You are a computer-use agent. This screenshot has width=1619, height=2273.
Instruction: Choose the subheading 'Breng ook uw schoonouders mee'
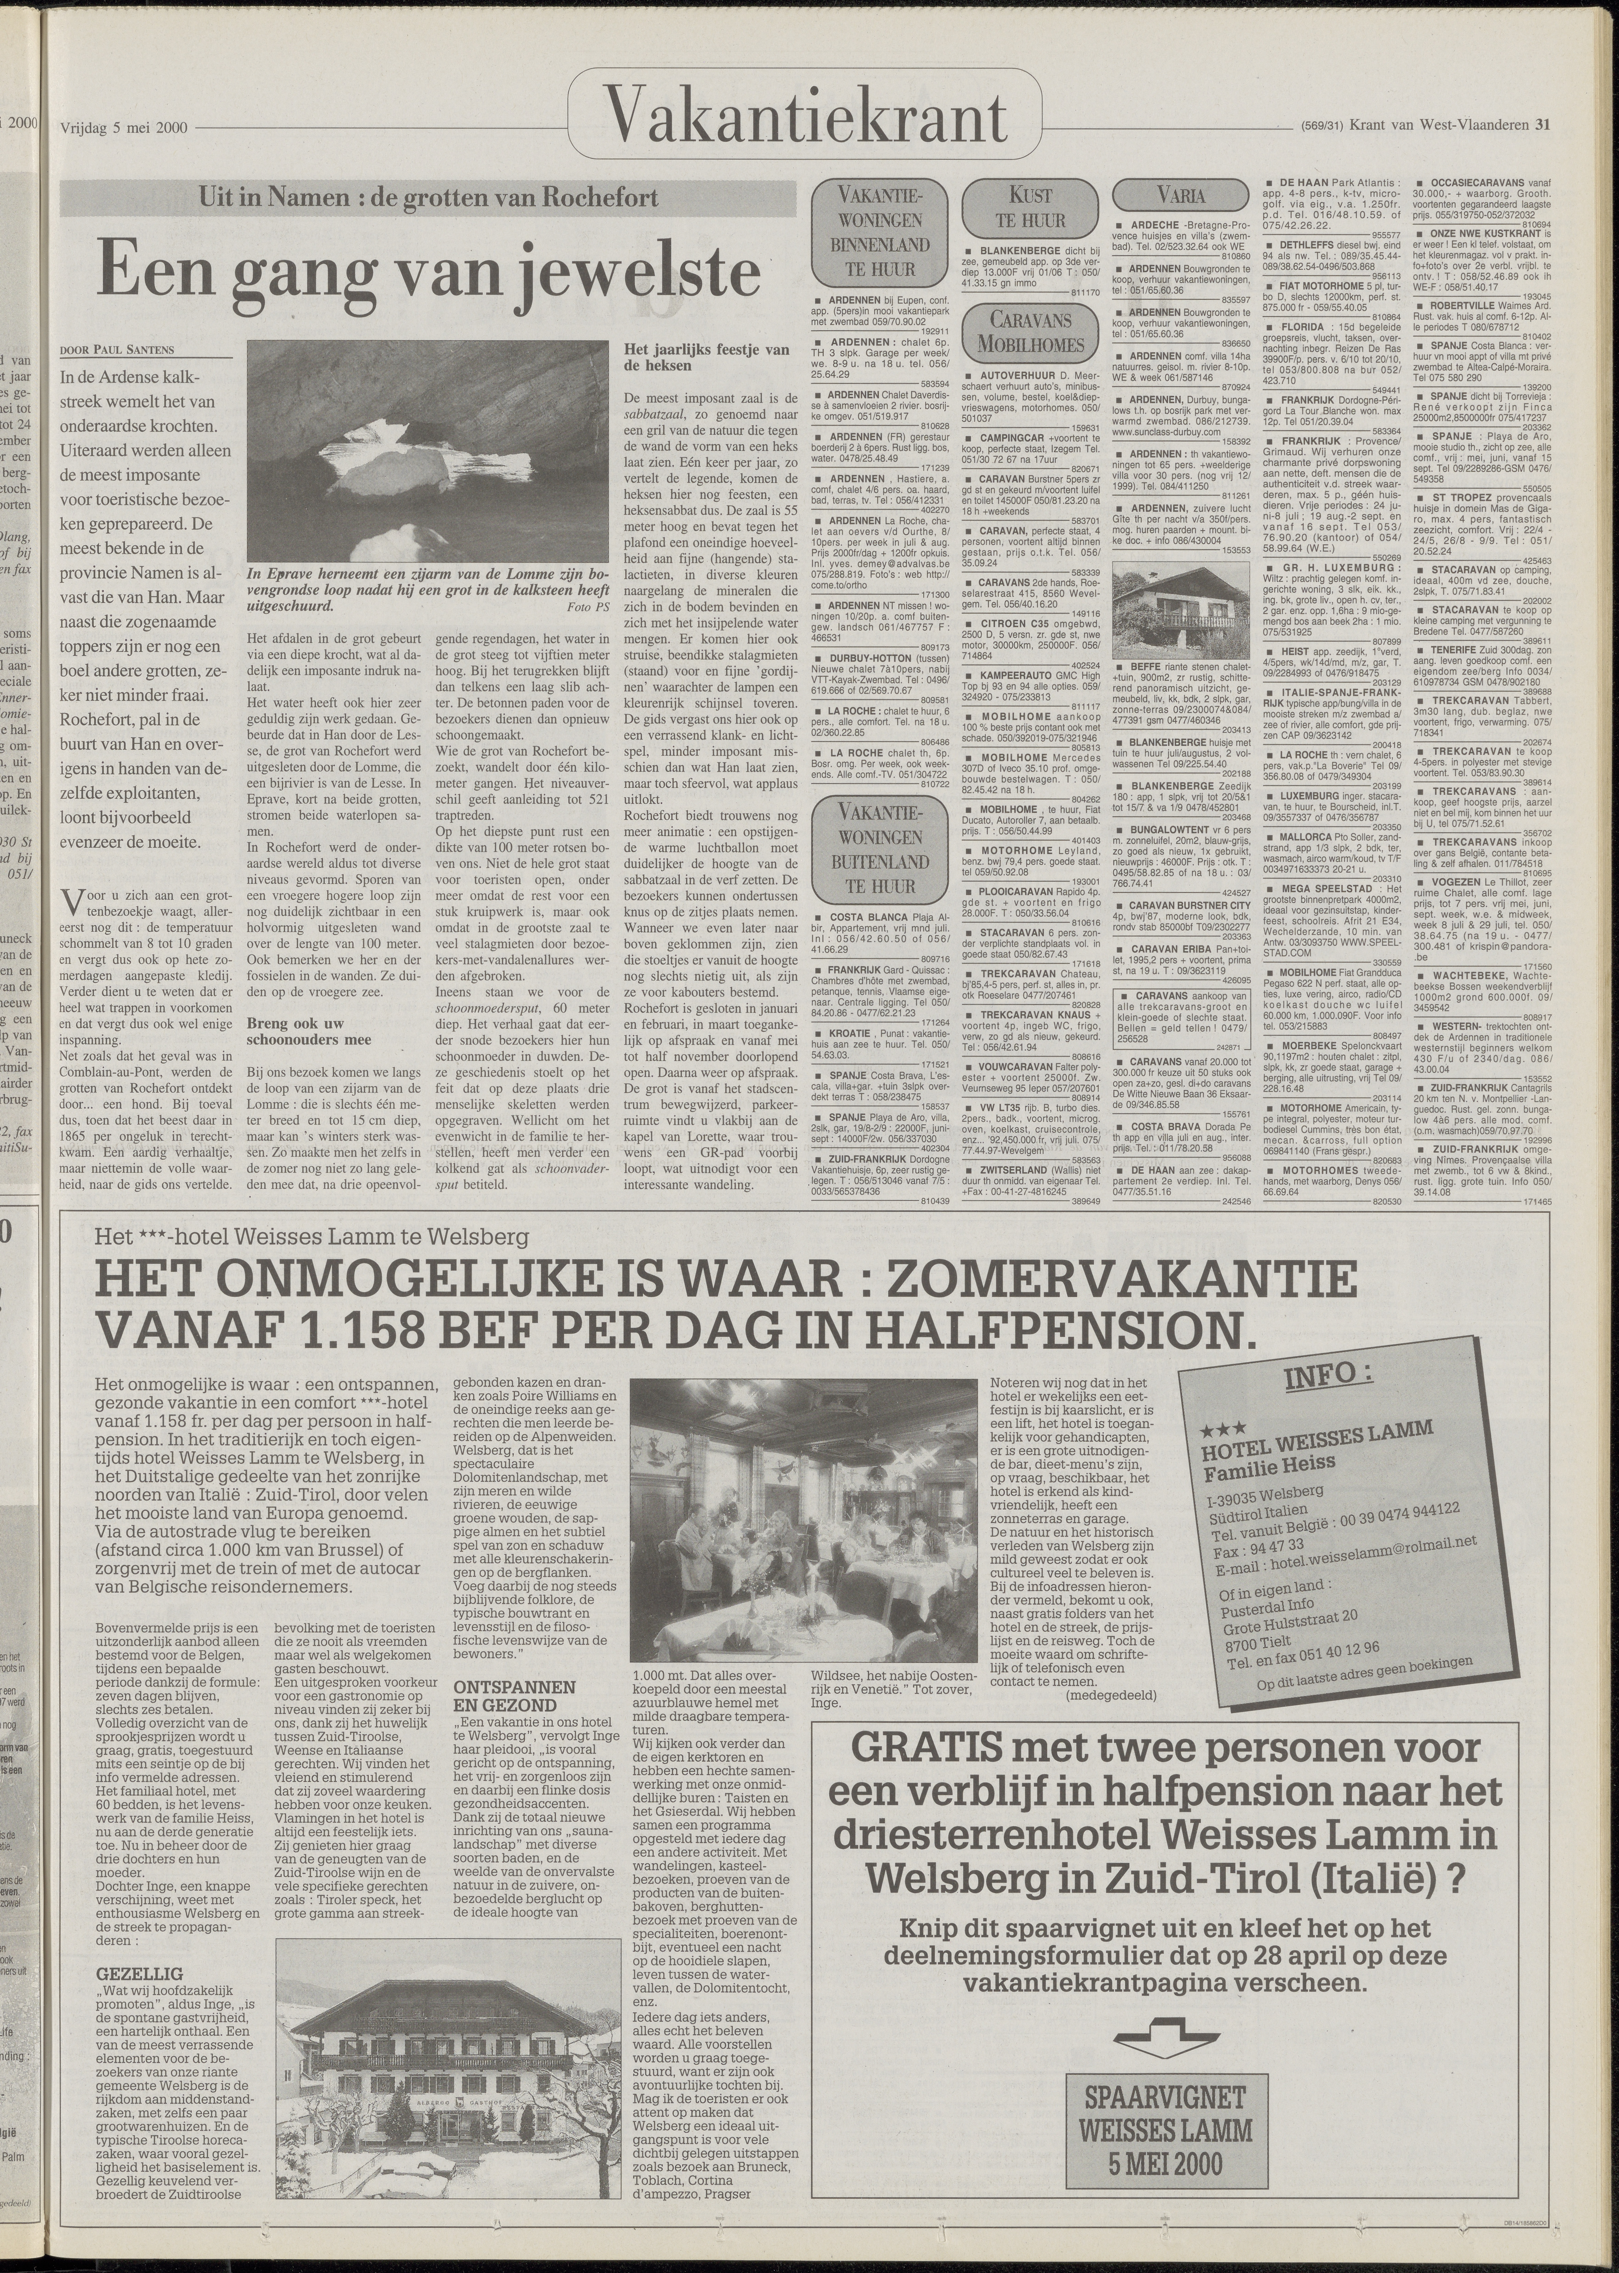pos(295,1031)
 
